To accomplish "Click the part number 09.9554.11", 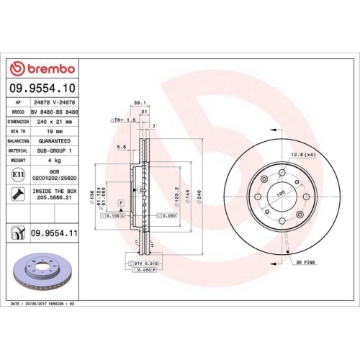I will pyautogui.click(x=55, y=233).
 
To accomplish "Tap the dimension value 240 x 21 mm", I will pyautogui.click(x=55, y=122).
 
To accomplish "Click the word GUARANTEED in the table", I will pyautogui.click(x=55, y=142).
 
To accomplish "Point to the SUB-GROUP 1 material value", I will pyautogui.click(x=55, y=151).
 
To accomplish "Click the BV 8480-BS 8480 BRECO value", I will pyautogui.click(x=55, y=113).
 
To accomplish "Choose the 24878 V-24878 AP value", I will pyautogui.click(x=55, y=104).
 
